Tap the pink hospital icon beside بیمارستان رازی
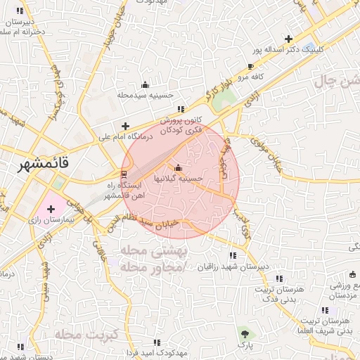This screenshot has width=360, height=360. point(51,209)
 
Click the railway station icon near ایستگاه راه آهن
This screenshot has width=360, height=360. point(124,173)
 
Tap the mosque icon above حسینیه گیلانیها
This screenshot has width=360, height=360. point(177,167)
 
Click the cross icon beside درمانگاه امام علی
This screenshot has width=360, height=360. point(125,125)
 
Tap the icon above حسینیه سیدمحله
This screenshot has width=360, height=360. point(145,84)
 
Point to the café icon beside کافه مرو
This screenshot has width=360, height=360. point(251,67)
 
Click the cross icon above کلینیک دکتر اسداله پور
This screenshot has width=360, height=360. point(288,38)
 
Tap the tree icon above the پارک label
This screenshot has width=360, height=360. point(244,333)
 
